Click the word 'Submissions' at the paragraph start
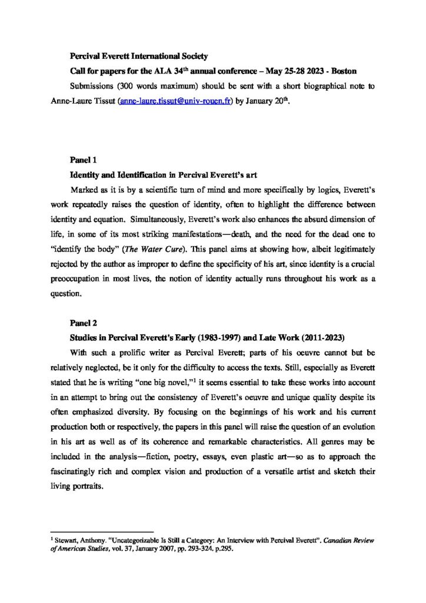pos(92,86)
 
